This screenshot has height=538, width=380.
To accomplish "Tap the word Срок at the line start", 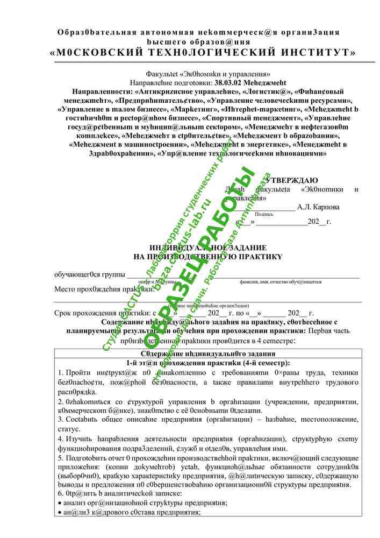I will pyautogui.click(x=64, y=313).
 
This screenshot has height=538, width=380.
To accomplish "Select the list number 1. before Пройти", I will pyautogui.click(x=60, y=373).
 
